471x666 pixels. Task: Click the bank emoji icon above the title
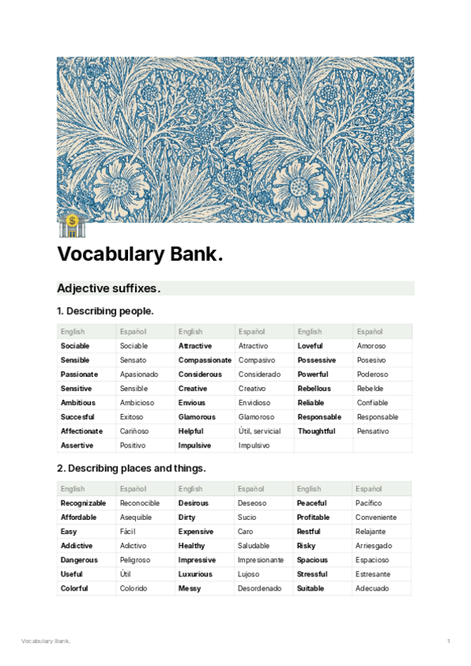coord(71,225)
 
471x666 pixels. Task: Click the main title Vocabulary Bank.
coord(140,255)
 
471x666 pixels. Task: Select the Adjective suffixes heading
coord(108,288)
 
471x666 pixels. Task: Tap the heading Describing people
coord(104,311)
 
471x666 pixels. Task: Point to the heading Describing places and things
coord(130,468)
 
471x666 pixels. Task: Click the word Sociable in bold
coord(75,346)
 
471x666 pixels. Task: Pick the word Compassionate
coord(205,360)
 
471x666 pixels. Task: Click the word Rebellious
coord(314,389)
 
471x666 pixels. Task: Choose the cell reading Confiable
coord(372,403)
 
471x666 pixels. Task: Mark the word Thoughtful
coord(316,431)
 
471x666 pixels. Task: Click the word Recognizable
coord(83,503)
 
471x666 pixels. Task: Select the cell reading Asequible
coord(136,518)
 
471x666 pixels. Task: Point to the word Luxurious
coord(195,574)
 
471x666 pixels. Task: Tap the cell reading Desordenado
coord(259,588)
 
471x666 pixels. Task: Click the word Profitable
coord(313,518)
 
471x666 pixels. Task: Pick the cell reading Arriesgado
coord(374,546)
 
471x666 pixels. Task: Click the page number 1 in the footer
coord(448,642)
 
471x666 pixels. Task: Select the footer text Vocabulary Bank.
coord(46,642)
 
